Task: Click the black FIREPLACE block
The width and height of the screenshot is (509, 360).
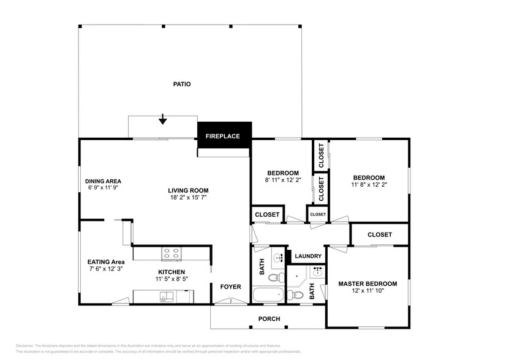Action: pos(224,135)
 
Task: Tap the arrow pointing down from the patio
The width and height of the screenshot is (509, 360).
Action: pos(162,119)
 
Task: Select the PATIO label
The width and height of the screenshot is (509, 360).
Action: pos(182,84)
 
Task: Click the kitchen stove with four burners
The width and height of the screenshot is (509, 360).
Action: pos(171,252)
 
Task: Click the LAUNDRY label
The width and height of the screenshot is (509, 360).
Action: pos(308,257)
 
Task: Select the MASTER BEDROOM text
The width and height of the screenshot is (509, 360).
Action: pos(368,283)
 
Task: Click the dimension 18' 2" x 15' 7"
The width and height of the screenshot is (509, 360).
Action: pos(189,198)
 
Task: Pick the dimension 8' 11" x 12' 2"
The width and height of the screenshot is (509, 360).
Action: pos(282,181)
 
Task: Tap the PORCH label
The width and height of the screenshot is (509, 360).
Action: pos(269,319)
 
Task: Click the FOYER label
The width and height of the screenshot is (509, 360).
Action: pos(231,287)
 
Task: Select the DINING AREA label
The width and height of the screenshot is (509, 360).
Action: pos(103,181)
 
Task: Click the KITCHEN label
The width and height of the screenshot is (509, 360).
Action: pos(171,272)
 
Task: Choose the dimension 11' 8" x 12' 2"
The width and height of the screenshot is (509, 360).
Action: pos(369,184)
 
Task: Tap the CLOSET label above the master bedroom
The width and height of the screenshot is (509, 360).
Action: pos(380,234)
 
